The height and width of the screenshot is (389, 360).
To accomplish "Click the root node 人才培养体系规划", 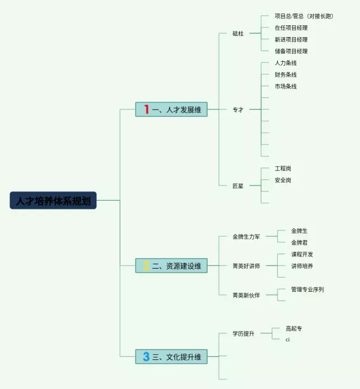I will click(53, 200).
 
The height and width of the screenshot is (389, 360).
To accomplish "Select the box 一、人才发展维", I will click(172, 109).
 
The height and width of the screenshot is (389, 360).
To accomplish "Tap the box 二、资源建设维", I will click(172, 265).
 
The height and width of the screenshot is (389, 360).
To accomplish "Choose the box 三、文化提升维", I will click(172, 356).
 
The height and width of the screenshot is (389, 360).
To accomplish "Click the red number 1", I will click(146, 109).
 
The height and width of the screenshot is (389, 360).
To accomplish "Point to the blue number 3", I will click(146, 356).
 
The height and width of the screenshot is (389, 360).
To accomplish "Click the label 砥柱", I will click(238, 33).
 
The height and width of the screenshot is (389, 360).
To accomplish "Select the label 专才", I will click(238, 110).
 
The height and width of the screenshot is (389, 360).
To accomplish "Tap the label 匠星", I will click(238, 186).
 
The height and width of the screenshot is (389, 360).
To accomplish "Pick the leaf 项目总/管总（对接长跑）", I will click(304, 16).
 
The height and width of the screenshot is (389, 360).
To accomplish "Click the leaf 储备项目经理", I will click(291, 51).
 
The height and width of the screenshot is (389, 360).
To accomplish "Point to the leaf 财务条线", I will click(285, 75).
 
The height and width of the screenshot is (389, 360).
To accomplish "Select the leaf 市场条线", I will click(285, 87).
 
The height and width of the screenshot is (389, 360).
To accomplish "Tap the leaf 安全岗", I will click(283, 180).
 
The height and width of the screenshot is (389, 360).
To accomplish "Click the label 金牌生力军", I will click(246, 237).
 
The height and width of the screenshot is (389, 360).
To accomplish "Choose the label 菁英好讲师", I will click(246, 266).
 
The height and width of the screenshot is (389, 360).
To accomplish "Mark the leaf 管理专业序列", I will click(307, 290).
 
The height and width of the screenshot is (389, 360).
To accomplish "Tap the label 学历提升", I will click(244, 333).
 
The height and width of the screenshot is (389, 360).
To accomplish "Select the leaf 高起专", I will click(294, 328).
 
